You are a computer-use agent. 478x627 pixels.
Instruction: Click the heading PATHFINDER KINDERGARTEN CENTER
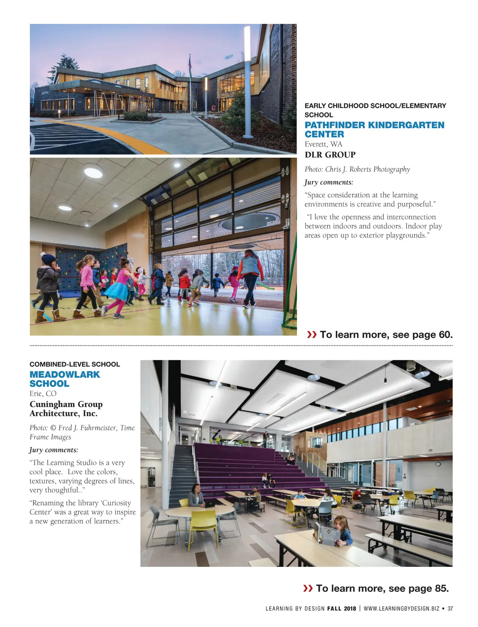point(374,129)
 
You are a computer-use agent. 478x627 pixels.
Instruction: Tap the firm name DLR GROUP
point(330,155)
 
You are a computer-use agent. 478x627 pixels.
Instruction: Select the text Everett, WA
point(323,144)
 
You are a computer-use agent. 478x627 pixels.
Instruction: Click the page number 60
point(445,335)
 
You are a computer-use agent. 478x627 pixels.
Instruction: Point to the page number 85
point(441,588)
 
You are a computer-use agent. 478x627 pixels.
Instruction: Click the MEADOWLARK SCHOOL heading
point(65,379)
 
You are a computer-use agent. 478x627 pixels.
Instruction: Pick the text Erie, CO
point(43,394)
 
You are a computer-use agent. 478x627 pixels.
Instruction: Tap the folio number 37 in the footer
point(450,609)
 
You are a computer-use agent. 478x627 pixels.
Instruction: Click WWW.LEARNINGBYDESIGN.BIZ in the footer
point(401,609)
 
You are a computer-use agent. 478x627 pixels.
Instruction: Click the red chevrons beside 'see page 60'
point(312,335)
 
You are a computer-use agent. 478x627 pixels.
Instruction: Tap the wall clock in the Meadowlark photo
point(438,464)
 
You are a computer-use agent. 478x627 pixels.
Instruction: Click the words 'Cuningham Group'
point(66,404)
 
